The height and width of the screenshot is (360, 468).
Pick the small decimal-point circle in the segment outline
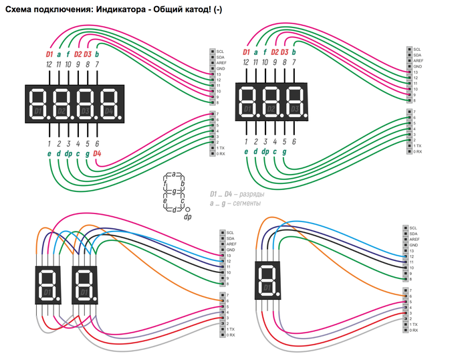pyautogui.click(x=187, y=209)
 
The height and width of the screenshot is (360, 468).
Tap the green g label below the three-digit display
pyautogui.click(x=284, y=152)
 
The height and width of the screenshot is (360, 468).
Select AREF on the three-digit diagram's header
pyautogui.click(x=418, y=61)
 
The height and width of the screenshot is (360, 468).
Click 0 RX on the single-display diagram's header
pyautogui.click(x=415, y=331)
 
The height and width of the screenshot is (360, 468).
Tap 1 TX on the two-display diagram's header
pyautogui.click(x=231, y=329)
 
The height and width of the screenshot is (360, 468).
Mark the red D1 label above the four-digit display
pyautogui.click(x=49, y=54)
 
